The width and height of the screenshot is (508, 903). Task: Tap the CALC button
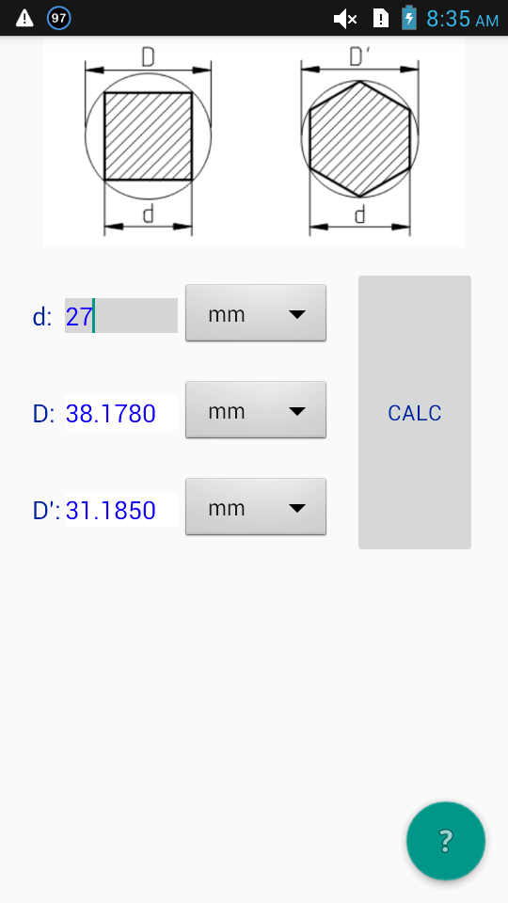coord(415,412)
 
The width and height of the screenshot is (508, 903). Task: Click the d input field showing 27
coord(121,316)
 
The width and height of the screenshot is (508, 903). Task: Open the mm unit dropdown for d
coord(256,312)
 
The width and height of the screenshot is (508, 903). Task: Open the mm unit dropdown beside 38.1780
coord(256,409)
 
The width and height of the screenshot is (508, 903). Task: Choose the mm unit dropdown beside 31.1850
coord(256,506)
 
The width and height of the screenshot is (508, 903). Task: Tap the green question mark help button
coord(446,841)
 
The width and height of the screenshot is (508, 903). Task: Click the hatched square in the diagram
coord(148,136)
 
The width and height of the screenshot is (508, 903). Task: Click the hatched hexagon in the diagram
coord(360,139)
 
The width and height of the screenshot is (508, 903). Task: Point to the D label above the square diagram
coord(148,57)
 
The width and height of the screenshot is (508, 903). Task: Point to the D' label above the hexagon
coord(358,57)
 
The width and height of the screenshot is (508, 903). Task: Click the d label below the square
coord(149,214)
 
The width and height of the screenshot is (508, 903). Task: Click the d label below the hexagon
coord(360,214)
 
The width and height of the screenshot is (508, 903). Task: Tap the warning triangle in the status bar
coord(24,18)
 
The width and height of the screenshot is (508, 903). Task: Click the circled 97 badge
coord(58,18)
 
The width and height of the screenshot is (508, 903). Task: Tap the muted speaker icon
coord(345,19)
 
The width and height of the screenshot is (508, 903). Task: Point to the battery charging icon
coord(409,18)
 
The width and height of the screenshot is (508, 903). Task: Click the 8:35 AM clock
coord(463,19)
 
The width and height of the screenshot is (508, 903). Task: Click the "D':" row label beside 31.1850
coord(47,510)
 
